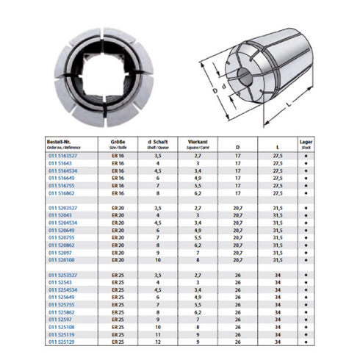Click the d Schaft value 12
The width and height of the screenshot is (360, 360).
(159, 342)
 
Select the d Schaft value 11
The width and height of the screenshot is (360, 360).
(159, 334)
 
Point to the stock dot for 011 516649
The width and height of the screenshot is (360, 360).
(306, 179)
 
